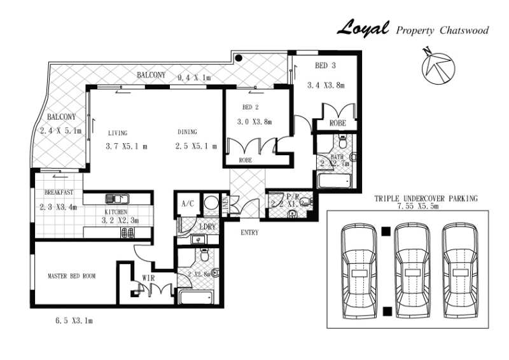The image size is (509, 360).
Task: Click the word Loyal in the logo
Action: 362,29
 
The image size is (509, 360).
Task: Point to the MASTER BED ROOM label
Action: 71,277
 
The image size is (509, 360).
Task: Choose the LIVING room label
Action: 118,133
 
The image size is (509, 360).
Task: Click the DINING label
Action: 187,132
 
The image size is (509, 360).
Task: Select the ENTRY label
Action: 249,232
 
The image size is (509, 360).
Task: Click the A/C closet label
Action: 187,204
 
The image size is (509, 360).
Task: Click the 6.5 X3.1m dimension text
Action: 74,321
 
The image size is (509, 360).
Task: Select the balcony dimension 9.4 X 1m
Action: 193,78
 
